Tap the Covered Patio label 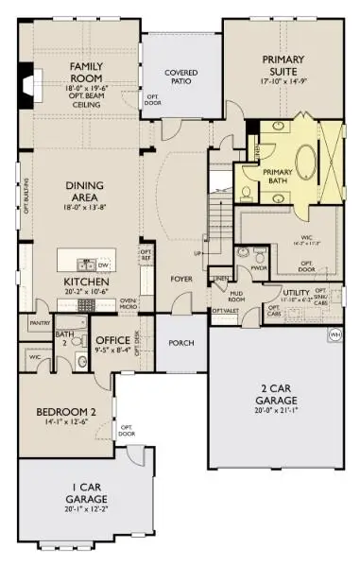click(180, 77)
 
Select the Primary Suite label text click(284, 64)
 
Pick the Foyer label click(180, 280)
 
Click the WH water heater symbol click(334, 334)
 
